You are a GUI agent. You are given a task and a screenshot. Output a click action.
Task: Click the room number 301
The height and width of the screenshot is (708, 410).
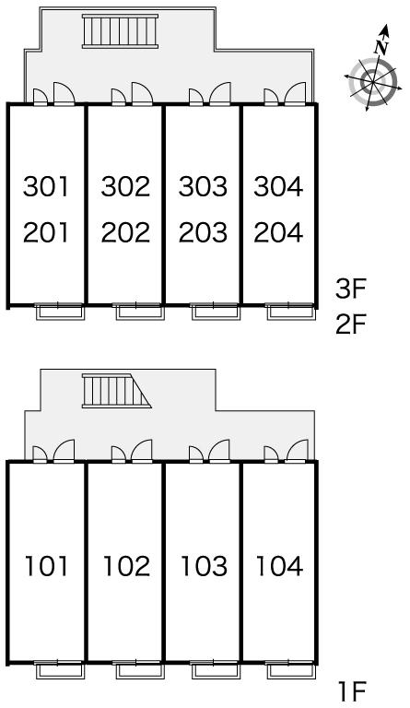coord(46,186)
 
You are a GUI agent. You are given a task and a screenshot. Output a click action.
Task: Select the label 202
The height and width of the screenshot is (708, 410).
coord(125,232)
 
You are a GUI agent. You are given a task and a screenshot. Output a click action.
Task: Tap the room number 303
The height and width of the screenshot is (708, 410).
coord(203,186)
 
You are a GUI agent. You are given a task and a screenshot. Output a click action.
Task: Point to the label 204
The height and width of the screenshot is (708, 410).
coord(278,232)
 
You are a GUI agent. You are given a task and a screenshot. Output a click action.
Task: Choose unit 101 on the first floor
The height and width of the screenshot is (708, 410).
coord(46,566)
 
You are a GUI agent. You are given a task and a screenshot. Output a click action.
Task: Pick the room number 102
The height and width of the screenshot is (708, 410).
coord(126,566)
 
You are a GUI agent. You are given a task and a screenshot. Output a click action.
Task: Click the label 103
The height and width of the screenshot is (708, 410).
coord(204,566)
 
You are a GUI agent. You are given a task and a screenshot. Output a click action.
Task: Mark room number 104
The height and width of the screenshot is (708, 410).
coord(279,566)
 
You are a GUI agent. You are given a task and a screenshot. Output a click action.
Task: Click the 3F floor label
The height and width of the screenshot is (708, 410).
coord(349,289)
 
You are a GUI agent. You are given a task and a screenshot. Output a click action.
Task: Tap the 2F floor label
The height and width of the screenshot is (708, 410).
coord(349,324)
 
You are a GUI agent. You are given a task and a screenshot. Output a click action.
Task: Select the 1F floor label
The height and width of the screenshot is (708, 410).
coord(352,690)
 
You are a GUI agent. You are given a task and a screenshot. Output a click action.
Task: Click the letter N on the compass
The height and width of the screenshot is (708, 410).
coord(382,47)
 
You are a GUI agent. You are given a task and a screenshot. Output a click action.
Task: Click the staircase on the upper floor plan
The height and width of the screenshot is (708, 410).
coord(120,30)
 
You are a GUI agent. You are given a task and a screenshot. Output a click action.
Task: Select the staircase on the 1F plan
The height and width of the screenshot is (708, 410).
coord(116,391)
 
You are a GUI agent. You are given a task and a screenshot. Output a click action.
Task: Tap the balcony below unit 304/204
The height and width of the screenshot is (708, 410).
coord(290,312)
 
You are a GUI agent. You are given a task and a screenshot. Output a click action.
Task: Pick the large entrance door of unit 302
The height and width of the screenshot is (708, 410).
coord(142,93)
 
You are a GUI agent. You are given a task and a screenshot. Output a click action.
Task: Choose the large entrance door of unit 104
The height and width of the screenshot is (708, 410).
coord(297,451)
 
